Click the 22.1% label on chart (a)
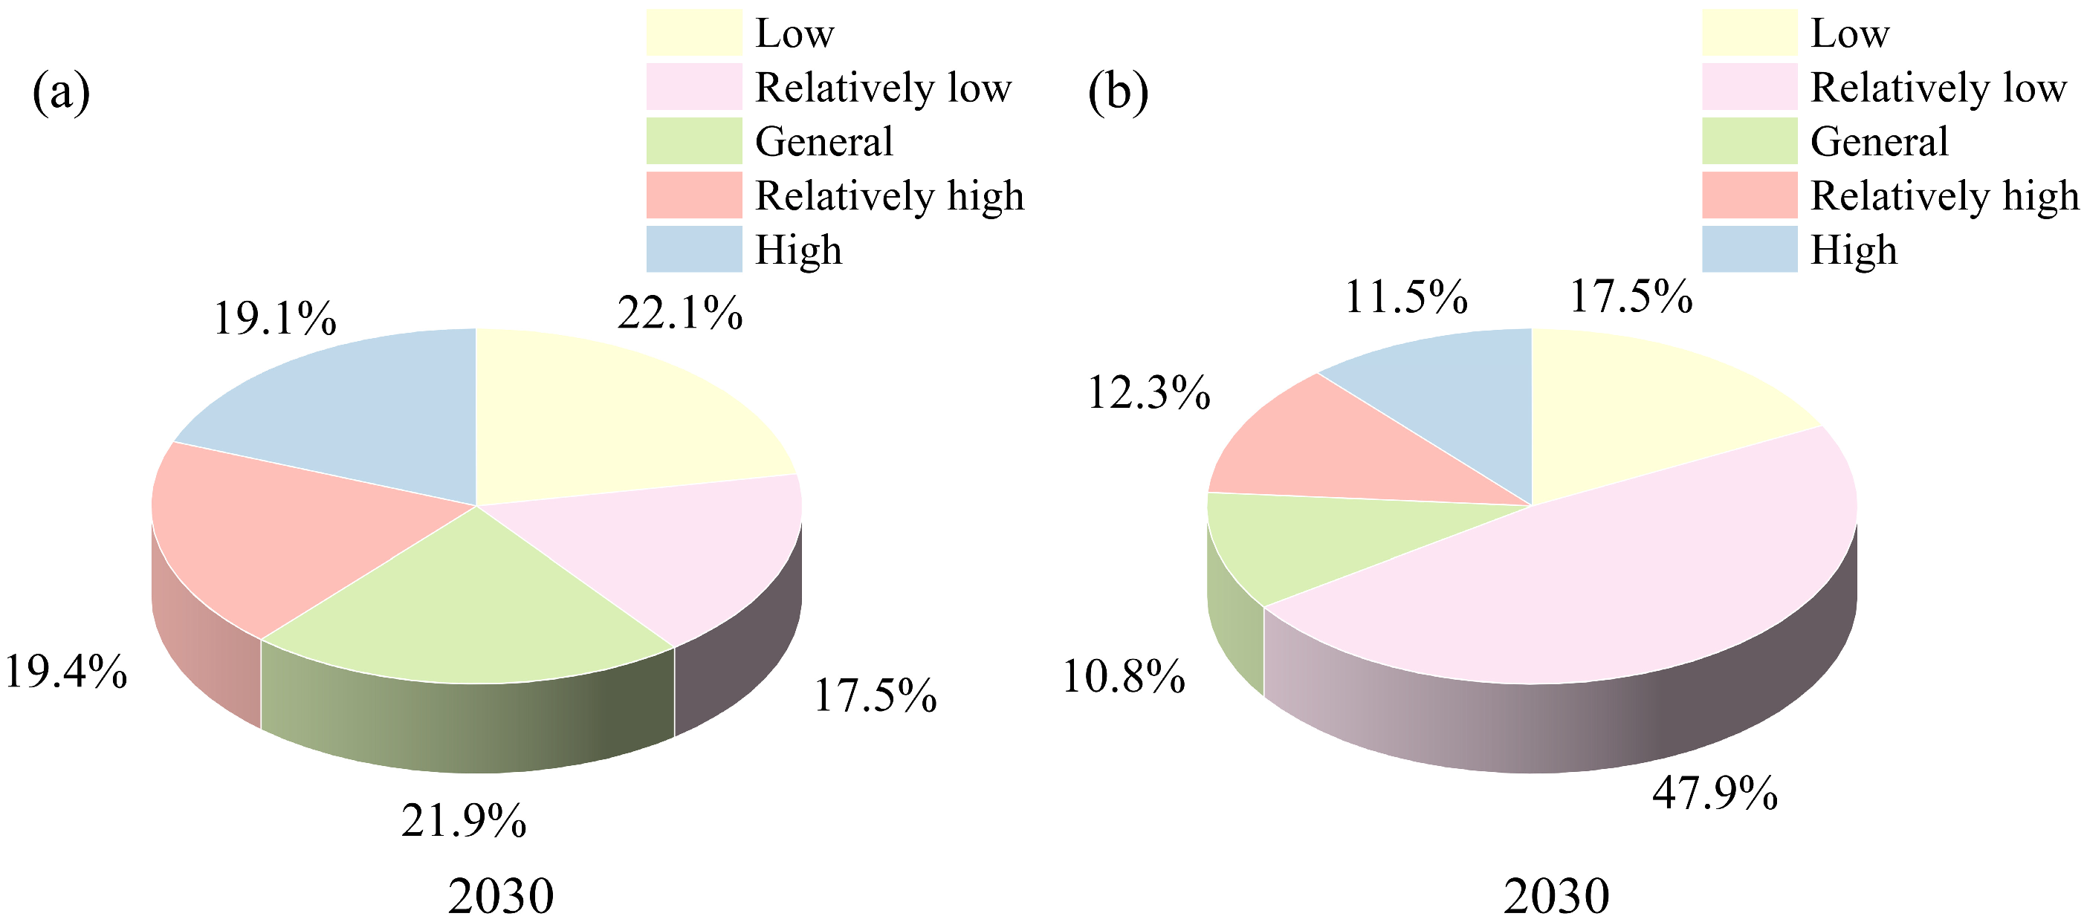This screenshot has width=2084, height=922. [679, 313]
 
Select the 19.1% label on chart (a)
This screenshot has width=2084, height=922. [274, 318]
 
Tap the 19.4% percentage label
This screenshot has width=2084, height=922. [65, 672]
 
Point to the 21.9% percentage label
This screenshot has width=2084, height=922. [464, 821]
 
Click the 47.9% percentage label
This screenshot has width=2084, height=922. [1715, 793]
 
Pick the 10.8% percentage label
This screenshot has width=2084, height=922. [1123, 676]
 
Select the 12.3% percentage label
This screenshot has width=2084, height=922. [1149, 393]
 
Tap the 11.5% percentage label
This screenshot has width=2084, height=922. [1406, 297]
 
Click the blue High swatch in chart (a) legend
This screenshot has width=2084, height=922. [694, 248]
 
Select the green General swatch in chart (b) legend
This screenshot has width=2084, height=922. [1750, 140]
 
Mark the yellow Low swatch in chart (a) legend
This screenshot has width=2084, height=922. [694, 33]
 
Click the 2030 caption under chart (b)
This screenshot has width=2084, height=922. [1556, 896]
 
